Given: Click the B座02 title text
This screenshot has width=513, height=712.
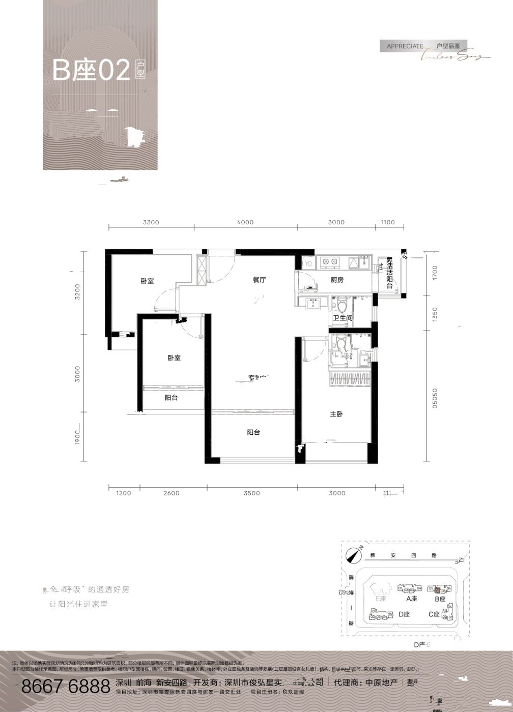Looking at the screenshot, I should [92, 71].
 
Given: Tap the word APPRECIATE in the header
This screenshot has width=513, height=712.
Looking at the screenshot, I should [405, 46].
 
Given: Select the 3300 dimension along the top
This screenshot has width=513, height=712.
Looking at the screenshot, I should [151, 222].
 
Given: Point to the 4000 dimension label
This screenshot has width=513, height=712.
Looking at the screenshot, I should [245, 222].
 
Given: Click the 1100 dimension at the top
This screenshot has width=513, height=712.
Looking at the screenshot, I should [388, 222].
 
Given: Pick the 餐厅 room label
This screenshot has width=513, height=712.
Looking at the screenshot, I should [260, 280].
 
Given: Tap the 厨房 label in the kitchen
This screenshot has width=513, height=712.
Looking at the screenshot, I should [337, 280].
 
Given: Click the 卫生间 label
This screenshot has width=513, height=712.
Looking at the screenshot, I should [343, 318].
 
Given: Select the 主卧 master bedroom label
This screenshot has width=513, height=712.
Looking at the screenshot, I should [336, 414].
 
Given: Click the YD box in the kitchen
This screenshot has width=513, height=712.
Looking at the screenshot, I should [308, 263].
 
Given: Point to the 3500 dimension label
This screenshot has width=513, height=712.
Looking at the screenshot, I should [251, 493].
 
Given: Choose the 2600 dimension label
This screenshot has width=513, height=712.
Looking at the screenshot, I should [172, 493].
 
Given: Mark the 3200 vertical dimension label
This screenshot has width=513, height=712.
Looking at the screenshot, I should [78, 292].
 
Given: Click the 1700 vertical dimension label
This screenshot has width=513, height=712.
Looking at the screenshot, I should [434, 275].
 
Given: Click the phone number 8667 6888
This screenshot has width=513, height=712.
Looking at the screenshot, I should [66, 686].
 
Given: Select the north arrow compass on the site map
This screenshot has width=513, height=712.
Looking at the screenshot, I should [352, 556].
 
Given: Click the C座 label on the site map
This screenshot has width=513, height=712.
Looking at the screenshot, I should [434, 614].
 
